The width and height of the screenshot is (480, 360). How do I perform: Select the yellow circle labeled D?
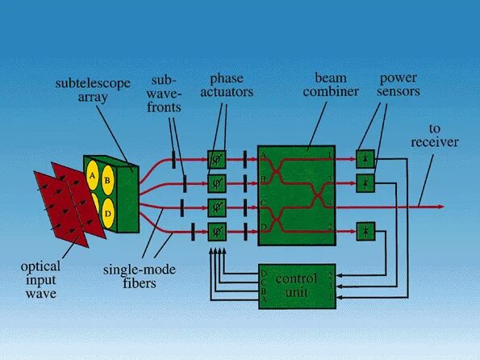[x=107, y=215]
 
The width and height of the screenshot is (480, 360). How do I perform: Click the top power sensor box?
[x=365, y=159]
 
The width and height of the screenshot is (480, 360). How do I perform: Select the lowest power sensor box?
[x=365, y=232]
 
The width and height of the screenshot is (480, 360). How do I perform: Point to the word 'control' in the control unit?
[x=297, y=278]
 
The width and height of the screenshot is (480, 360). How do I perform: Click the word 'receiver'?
[x=434, y=143]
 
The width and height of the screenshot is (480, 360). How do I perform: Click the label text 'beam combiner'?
[x=331, y=85]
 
